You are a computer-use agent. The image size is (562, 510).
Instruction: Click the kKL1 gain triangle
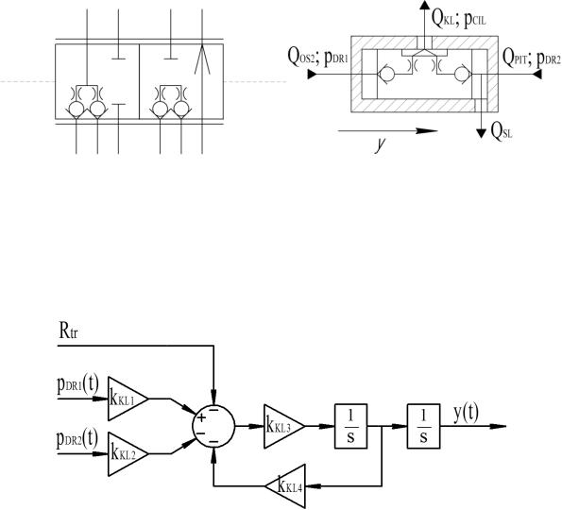[x=128, y=399]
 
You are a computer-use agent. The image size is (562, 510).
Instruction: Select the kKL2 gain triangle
[x=128, y=454]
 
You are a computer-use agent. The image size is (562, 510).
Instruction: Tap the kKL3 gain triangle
[x=283, y=426]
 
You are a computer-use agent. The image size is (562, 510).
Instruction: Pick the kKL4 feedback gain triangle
[x=285, y=486]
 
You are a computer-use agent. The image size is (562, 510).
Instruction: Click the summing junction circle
[x=213, y=426]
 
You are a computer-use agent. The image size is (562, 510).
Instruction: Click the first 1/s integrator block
[x=350, y=426]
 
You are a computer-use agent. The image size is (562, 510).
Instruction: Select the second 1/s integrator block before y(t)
[x=423, y=426]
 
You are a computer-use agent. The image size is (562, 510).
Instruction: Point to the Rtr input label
[x=68, y=331]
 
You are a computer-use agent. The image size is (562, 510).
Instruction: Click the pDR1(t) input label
[x=77, y=385]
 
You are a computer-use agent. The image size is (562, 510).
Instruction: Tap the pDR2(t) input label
[x=77, y=440]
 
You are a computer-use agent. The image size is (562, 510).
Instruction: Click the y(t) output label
[x=466, y=414]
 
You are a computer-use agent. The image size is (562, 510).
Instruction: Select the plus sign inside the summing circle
[x=201, y=417]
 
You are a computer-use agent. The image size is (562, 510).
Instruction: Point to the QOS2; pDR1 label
[x=318, y=58]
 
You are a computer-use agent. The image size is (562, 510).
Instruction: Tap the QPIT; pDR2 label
[x=532, y=58]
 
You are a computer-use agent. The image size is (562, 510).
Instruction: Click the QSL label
[x=502, y=132]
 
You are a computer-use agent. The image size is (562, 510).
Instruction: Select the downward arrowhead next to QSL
[x=481, y=133]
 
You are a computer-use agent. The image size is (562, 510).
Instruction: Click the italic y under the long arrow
[x=380, y=144]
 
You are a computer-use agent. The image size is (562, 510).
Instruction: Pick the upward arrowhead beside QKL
[x=425, y=5]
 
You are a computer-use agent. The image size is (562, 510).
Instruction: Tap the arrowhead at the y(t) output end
[x=498, y=426]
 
